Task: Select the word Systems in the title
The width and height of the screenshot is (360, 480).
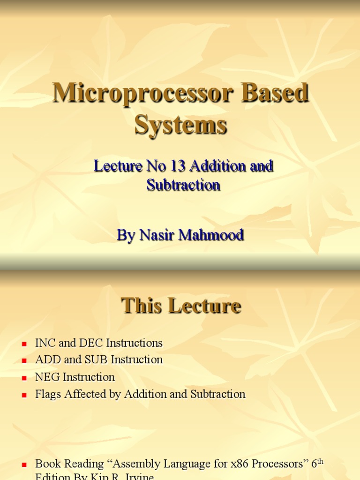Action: point(181,125)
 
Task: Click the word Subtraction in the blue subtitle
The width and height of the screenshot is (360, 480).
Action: point(183,185)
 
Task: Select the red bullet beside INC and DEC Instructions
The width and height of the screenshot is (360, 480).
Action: point(24,344)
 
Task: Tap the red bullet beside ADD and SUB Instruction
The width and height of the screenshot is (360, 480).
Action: point(24,361)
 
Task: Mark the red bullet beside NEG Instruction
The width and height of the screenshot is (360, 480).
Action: point(24,378)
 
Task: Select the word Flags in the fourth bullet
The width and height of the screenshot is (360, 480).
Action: point(48,394)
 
